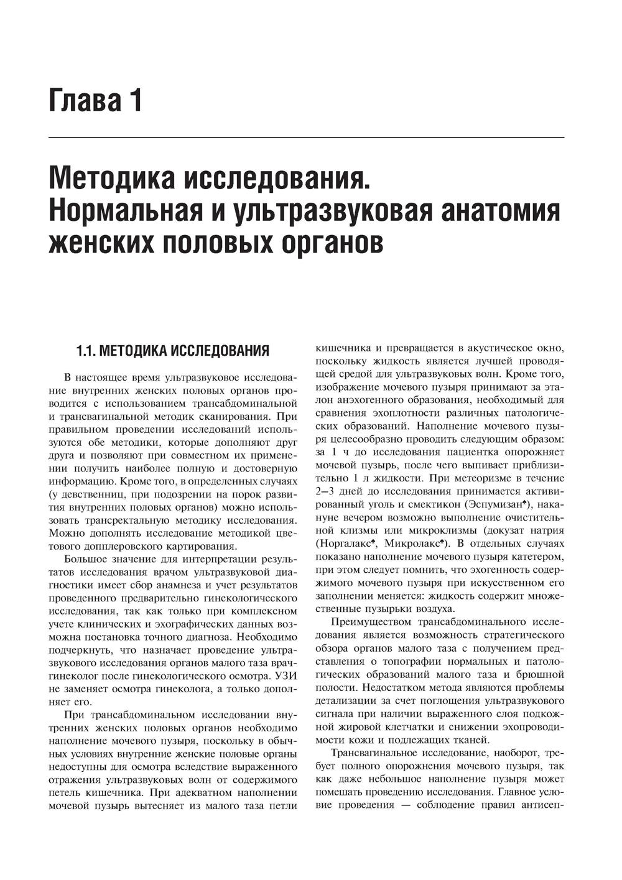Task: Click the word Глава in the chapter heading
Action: point(84,101)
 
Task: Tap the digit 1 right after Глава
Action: point(136,101)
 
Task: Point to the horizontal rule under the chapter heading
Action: point(307,137)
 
